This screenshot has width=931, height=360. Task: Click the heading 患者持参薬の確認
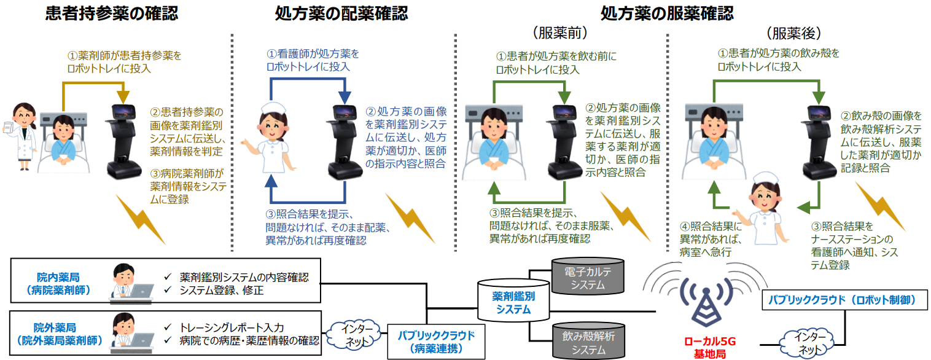[111, 13]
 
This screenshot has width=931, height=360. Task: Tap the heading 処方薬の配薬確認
[341, 13]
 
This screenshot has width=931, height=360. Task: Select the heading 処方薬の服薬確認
[668, 13]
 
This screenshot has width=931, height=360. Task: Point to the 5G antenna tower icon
[706, 304]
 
